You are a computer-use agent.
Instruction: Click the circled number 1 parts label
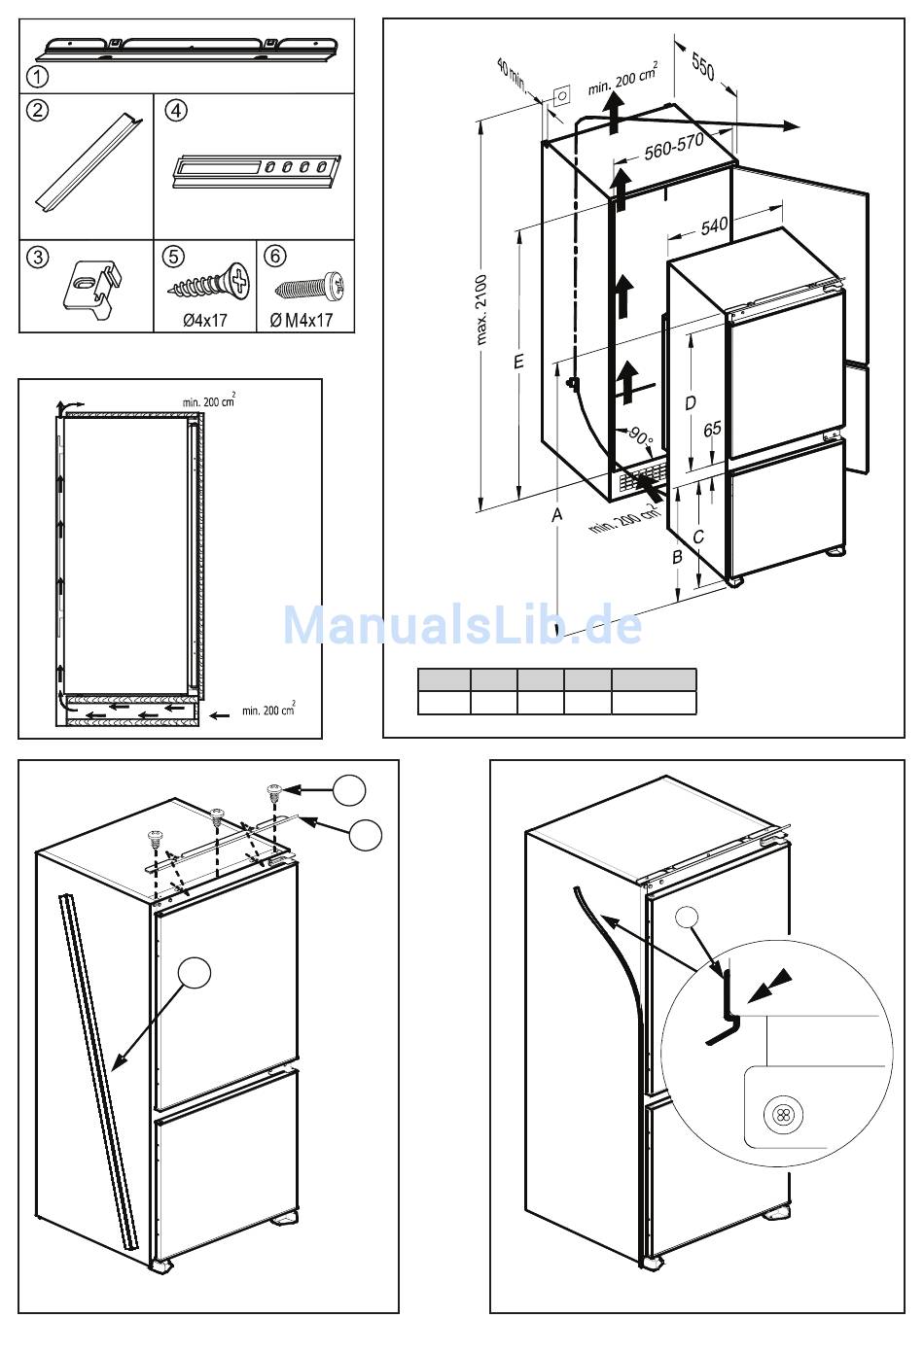click(x=36, y=75)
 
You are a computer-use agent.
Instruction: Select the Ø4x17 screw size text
click(x=204, y=319)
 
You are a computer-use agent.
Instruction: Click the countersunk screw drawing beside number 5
click(x=208, y=283)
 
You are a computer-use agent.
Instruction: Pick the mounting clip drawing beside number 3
click(x=90, y=286)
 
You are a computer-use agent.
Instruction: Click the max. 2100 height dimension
click(x=482, y=309)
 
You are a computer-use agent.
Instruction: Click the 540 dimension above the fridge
click(x=714, y=225)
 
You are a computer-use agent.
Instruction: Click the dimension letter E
click(x=519, y=362)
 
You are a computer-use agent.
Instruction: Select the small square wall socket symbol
click(x=561, y=96)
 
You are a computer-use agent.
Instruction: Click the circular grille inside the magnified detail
click(x=779, y=1115)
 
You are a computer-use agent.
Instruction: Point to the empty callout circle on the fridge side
click(x=195, y=973)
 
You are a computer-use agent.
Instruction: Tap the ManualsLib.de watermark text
click(x=463, y=624)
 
